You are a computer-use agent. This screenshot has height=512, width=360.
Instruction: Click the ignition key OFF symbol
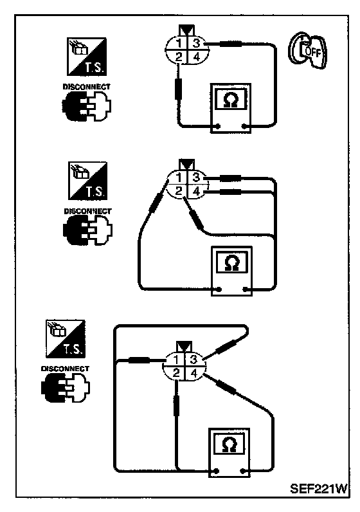click(307, 50)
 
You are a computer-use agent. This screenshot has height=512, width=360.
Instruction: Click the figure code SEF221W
click(318, 489)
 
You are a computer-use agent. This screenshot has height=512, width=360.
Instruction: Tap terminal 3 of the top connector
click(197, 43)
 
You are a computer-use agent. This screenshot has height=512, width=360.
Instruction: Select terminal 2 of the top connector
click(179, 57)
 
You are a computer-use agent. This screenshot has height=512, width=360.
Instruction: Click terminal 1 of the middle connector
click(179, 178)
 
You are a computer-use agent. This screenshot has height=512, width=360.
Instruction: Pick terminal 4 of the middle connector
click(196, 191)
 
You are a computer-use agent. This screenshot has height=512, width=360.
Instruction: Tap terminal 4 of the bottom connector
click(194, 373)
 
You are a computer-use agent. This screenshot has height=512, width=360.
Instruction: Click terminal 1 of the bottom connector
click(176, 360)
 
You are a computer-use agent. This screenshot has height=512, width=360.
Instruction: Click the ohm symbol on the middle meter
click(232, 263)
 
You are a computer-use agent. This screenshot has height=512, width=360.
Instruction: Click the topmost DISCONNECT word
click(86, 87)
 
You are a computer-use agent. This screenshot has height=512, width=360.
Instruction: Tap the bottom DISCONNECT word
click(65, 369)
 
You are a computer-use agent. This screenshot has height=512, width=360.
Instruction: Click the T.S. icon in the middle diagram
click(88, 181)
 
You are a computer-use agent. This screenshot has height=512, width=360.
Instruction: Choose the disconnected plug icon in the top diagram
click(87, 106)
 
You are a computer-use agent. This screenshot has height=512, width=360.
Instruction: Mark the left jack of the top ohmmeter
click(218, 126)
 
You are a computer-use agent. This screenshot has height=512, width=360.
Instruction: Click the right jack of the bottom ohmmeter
click(242, 471)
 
